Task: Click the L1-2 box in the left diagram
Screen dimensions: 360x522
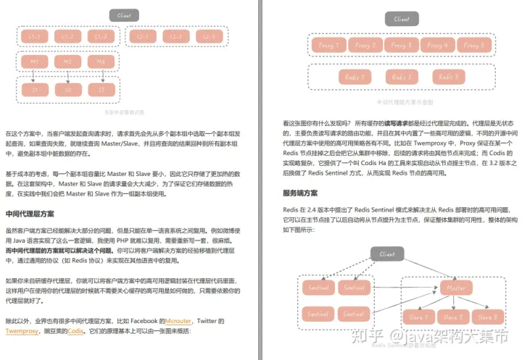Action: point(67,35)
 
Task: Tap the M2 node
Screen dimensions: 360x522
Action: point(67,62)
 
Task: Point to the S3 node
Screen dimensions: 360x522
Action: point(101,90)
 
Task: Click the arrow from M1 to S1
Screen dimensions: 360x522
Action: point(34,76)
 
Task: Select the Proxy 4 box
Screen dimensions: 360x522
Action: point(434,45)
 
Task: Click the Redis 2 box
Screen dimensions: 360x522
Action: point(401,77)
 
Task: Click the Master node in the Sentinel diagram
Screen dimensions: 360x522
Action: point(456,288)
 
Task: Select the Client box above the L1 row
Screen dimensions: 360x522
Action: point(124,15)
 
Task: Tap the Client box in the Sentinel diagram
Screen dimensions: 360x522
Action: point(386,254)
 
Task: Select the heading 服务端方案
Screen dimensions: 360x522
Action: point(300,193)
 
